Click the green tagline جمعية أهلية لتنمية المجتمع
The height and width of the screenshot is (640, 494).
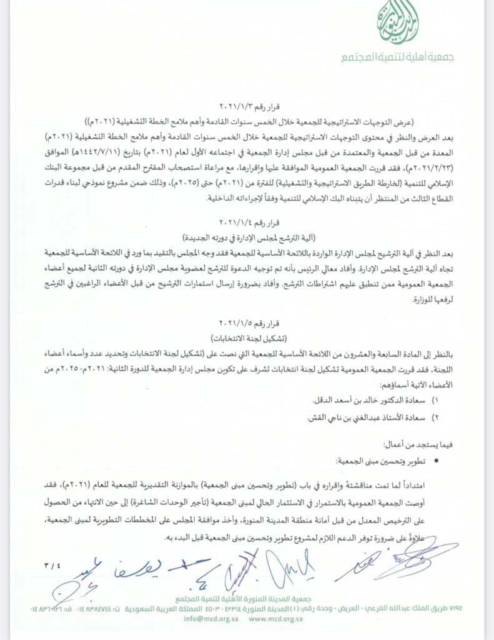click(x=397, y=57)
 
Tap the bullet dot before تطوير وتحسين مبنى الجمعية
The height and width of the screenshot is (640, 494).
click(x=435, y=461)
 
